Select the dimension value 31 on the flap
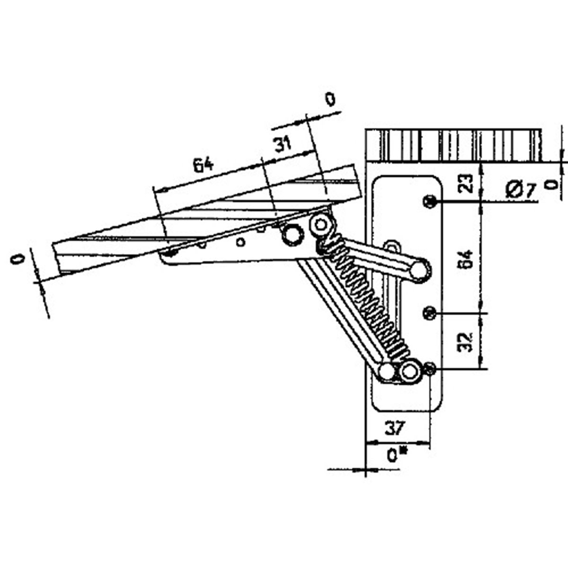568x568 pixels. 283,143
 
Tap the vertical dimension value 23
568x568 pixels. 466,184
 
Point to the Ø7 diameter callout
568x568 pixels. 520,190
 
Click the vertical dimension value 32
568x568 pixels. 466,340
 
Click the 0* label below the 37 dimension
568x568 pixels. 396,455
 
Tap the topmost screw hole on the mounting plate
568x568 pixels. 429,202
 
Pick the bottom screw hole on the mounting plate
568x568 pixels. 430,369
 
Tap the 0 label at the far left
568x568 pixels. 18,259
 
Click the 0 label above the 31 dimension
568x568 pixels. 330,99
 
